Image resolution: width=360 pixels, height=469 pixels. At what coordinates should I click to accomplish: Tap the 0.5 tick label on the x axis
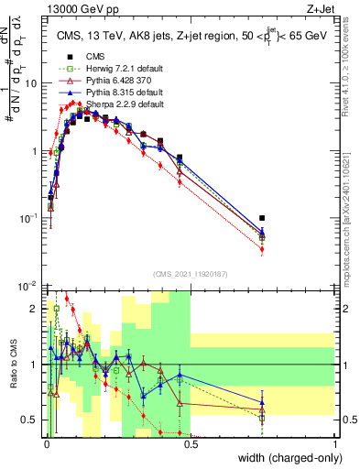pos(191,442)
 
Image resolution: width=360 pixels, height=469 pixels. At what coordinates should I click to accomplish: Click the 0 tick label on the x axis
pos(48,442)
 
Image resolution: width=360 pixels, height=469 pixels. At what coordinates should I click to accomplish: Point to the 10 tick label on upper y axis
pos(31,82)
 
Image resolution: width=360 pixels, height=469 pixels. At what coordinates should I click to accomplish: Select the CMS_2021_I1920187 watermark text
pos(191,274)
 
